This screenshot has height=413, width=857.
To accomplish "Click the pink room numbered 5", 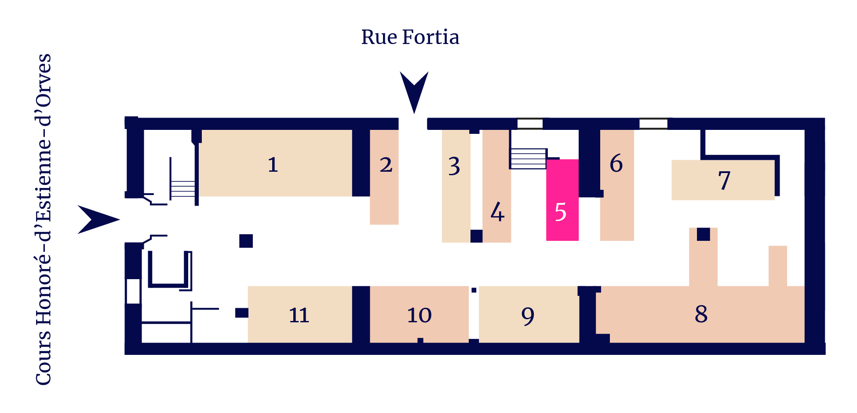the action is pyautogui.click(x=562, y=200).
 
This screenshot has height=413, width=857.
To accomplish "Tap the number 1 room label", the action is pyautogui.click(x=273, y=165).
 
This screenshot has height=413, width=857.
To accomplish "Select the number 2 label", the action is pyautogui.click(x=386, y=165).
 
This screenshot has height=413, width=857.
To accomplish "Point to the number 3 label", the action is pyautogui.click(x=454, y=166).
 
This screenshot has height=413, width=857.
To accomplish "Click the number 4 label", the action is pyautogui.click(x=497, y=212).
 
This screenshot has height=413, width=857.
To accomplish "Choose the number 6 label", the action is pyautogui.click(x=616, y=163).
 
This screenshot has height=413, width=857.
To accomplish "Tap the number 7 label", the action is pyautogui.click(x=724, y=181).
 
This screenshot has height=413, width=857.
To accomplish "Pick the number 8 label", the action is pyautogui.click(x=701, y=314).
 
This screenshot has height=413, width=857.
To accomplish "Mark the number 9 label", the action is pyautogui.click(x=528, y=316).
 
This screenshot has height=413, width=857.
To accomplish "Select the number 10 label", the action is pyautogui.click(x=419, y=315).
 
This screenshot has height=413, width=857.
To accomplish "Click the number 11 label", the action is pyautogui.click(x=299, y=315).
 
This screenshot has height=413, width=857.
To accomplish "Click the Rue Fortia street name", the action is pyautogui.click(x=410, y=37).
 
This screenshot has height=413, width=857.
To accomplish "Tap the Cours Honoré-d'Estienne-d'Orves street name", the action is pyautogui.click(x=44, y=219).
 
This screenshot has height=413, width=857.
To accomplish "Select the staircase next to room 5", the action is pyautogui.click(x=528, y=159).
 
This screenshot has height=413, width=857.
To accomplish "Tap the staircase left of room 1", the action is pyautogui.click(x=182, y=189).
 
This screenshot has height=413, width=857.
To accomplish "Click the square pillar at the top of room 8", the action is pyautogui.click(x=704, y=234).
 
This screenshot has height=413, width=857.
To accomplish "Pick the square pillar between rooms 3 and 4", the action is pyautogui.click(x=477, y=236).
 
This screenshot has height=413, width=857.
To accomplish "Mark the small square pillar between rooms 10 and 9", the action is pyautogui.click(x=474, y=290).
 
